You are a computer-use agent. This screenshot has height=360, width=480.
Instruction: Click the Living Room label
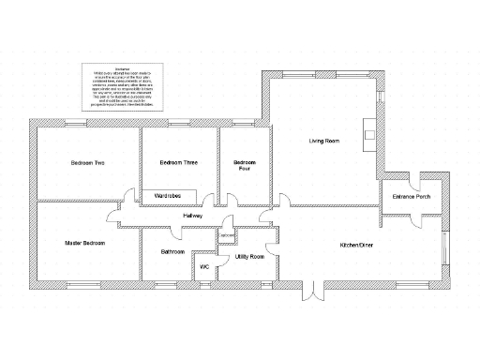[x=323, y=141]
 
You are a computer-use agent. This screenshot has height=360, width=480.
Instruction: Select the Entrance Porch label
[x=411, y=197]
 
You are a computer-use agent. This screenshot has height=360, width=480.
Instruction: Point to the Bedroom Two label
[x=86, y=163]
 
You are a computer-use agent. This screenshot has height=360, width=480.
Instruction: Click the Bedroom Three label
[x=178, y=163]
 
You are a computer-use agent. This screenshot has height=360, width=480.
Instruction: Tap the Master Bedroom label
[x=84, y=243]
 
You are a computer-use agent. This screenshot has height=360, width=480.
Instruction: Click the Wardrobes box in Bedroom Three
[x=169, y=196]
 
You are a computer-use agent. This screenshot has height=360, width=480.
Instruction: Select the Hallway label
[x=193, y=217]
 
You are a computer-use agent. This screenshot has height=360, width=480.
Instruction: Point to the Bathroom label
[x=172, y=251]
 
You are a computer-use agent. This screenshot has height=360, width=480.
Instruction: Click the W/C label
[x=203, y=267]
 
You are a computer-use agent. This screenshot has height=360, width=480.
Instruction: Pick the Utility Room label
[x=249, y=255]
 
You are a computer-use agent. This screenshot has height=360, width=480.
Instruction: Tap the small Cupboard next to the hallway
[x=225, y=235]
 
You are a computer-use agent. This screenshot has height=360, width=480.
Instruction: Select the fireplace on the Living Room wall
[x=370, y=132]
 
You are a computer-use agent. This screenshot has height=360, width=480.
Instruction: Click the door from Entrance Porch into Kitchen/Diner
[x=387, y=217]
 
